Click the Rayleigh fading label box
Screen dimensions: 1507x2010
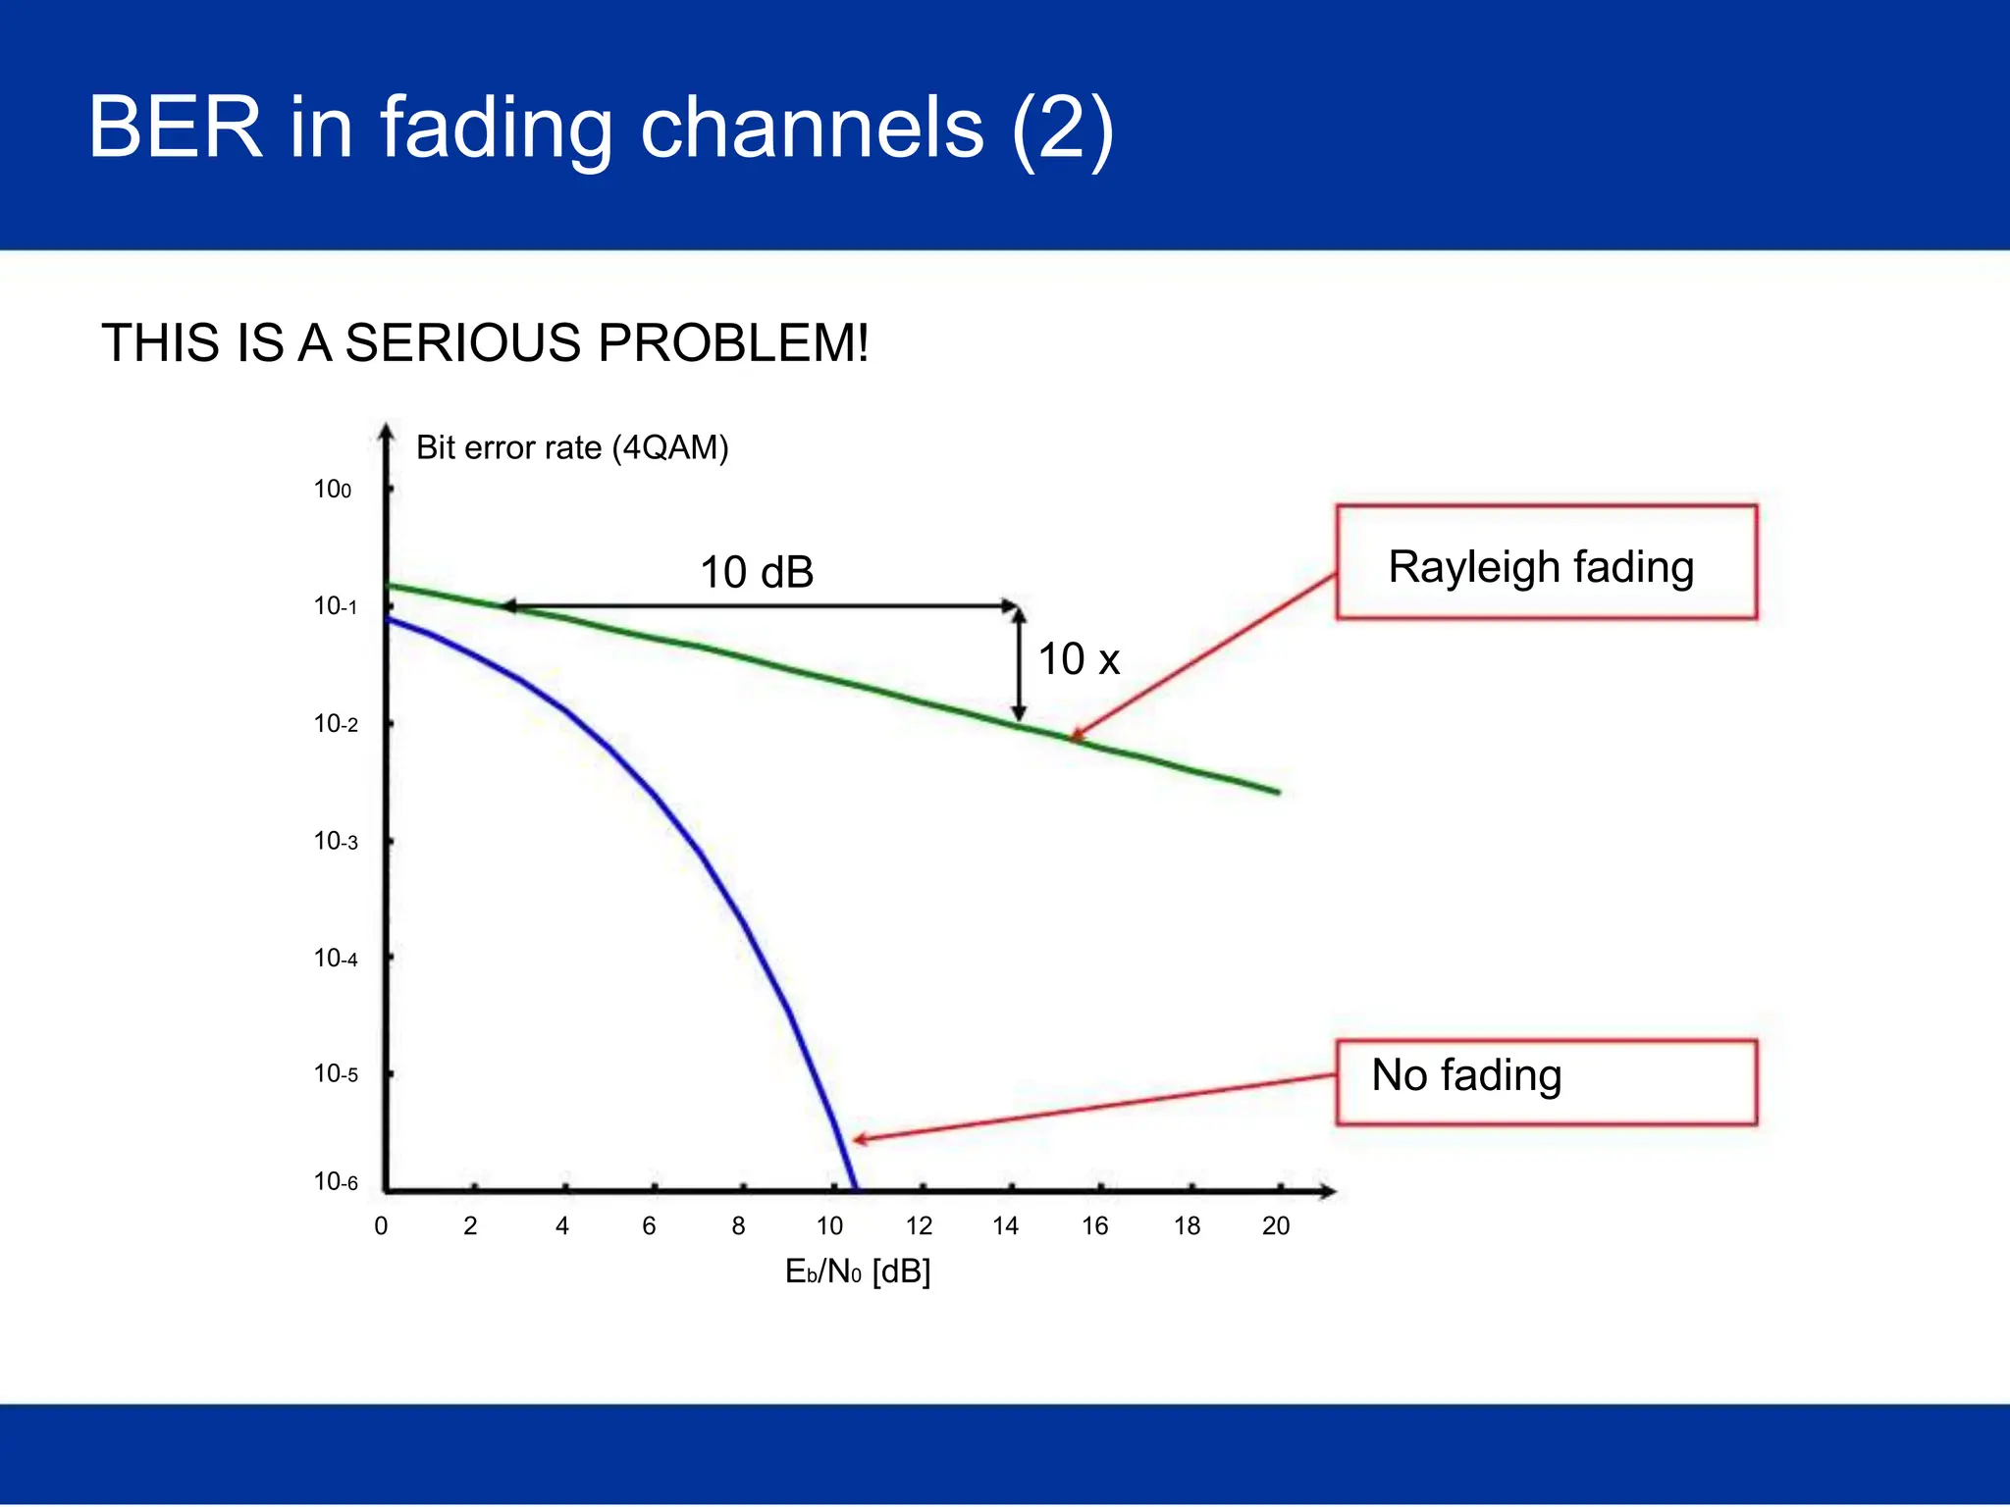click(1546, 562)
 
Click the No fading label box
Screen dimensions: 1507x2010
click(1546, 1081)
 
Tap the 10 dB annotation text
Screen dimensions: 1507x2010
click(757, 572)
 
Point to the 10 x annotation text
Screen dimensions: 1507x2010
click(1079, 658)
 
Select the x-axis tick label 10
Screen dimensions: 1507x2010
click(829, 1225)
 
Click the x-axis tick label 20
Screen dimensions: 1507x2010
click(1275, 1225)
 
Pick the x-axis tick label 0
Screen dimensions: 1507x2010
click(381, 1225)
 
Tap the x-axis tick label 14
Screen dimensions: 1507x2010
click(1005, 1225)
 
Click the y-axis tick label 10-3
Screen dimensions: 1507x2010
click(336, 841)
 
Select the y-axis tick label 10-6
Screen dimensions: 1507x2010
click(336, 1181)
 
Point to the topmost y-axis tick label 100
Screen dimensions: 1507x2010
click(332, 489)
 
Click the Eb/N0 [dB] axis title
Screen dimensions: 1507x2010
click(857, 1272)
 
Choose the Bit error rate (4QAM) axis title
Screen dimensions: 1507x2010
click(572, 447)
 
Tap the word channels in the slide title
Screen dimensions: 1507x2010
click(812, 127)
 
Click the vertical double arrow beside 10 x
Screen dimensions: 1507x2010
click(1019, 664)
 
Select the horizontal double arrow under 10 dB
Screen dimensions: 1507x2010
click(761, 606)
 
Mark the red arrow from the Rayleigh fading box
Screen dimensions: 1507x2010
click(1205, 654)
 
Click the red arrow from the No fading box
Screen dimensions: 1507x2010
click(1094, 1108)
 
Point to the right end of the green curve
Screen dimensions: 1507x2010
click(1277, 792)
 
